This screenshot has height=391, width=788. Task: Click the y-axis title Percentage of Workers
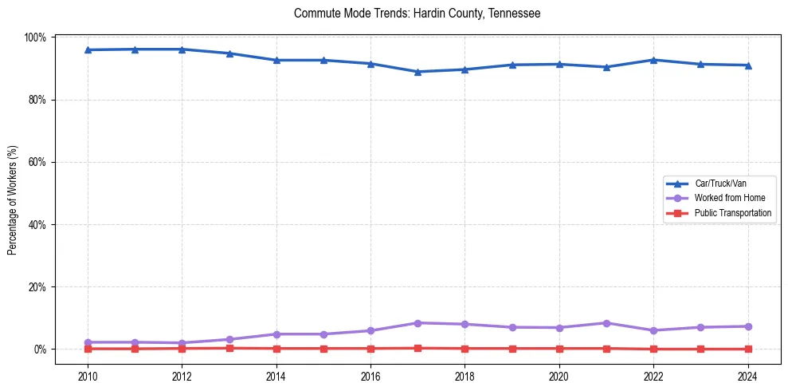click(x=13, y=200)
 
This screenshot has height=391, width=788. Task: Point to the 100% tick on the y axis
click(x=36, y=38)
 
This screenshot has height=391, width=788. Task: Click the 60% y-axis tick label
click(x=37, y=162)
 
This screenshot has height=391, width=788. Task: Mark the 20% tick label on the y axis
click(x=37, y=286)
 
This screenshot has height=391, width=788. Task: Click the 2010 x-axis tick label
click(x=88, y=377)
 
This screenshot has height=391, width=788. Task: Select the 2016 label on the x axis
click(x=370, y=377)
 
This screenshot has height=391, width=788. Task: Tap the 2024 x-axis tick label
click(x=748, y=377)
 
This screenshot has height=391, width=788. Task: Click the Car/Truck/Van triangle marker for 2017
click(x=418, y=72)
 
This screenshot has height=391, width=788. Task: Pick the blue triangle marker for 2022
click(x=653, y=60)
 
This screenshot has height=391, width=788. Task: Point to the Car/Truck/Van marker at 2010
click(x=88, y=50)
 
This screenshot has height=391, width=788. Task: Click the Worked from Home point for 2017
click(x=418, y=323)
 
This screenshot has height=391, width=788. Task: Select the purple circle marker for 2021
click(x=606, y=323)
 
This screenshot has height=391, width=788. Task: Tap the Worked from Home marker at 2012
click(x=182, y=343)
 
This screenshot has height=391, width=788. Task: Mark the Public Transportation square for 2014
click(x=276, y=349)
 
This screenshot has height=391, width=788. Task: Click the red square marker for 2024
click(x=748, y=349)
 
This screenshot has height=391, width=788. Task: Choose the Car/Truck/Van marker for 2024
click(x=748, y=65)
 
